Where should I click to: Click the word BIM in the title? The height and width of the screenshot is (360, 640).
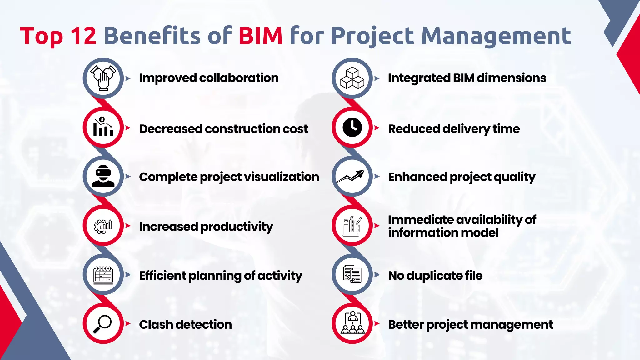(x=261, y=36)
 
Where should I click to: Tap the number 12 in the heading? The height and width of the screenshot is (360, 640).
(x=83, y=36)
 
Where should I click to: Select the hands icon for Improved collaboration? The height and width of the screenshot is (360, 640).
(x=103, y=78)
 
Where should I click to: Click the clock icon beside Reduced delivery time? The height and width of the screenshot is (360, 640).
(x=352, y=127)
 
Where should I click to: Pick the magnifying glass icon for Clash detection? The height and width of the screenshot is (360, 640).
(x=103, y=324)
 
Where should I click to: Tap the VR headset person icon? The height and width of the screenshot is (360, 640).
(x=103, y=176)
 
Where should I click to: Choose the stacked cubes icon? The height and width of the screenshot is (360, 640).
(x=352, y=78)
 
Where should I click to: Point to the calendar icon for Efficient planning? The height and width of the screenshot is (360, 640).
(x=103, y=275)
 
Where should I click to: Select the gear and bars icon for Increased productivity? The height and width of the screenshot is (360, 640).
(x=103, y=226)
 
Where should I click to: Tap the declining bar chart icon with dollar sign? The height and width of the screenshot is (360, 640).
(x=103, y=127)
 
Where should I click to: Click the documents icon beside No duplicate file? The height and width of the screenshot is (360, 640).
(x=352, y=274)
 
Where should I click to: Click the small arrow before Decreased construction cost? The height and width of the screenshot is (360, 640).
(x=128, y=127)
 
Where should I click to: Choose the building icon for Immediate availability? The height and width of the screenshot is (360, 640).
(x=352, y=226)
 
